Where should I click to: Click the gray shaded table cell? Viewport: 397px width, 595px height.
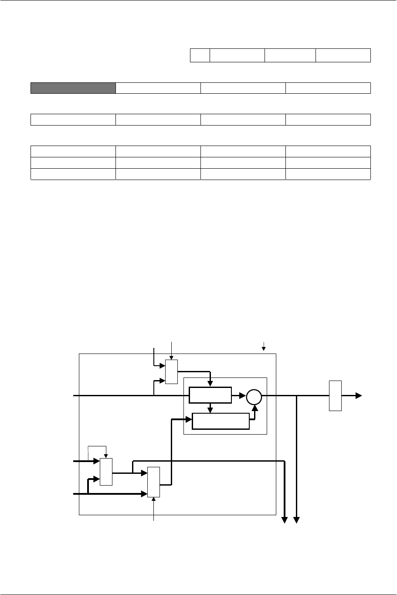click(x=73, y=88)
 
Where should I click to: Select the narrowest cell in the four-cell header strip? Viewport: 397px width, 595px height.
click(x=200, y=55)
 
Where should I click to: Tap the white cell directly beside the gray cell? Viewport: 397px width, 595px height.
click(x=158, y=88)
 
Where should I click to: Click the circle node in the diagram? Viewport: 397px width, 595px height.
click(x=254, y=396)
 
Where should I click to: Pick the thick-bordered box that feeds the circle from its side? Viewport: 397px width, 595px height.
click(x=210, y=395)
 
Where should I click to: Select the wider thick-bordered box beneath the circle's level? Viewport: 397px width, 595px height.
click(x=221, y=421)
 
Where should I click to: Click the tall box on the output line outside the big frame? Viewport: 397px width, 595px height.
click(x=335, y=395)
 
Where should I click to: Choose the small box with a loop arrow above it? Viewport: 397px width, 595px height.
click(x=106, y=472)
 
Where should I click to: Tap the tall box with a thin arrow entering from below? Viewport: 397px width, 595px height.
click(x=153, y=482)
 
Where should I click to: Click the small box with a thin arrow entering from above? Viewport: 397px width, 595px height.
click(x=172, y=372)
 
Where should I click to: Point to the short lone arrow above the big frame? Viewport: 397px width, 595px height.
click(x=263, y=347)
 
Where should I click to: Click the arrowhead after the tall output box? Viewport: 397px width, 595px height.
click(x=359, y=395)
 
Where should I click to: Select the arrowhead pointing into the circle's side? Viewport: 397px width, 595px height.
click(x=242, y=396)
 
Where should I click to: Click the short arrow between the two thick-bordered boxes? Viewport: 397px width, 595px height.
click(x=210, y=409)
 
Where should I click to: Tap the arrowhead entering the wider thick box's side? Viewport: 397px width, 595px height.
click(x=189, y=419)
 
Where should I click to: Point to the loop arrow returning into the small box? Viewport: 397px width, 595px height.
click(x=105, y=455)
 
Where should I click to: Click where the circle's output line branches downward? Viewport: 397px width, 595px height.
click(x=297, y=396)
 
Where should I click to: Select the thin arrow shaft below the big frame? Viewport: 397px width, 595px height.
click(x=153, y=510)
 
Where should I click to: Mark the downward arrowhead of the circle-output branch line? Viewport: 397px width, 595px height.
click(x=297, y=519)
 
